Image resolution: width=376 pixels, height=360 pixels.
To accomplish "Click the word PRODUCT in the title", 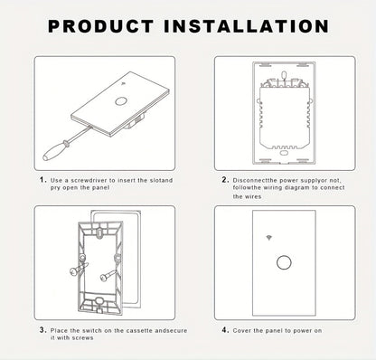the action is (101, 26).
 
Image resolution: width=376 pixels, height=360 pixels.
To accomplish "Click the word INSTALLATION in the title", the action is (246, 26).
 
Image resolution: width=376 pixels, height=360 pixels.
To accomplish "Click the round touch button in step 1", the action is (120, 101).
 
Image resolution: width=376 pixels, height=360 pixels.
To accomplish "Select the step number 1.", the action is (43, 180).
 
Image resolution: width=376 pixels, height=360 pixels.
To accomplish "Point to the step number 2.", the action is (225, 180).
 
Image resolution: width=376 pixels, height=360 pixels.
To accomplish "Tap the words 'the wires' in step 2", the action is (247, 196).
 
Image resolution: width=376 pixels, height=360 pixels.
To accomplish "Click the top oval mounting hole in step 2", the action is (284, 74).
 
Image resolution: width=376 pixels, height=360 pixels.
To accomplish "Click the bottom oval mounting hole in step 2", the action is (284, 153).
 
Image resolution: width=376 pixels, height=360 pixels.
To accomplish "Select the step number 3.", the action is (43, 330).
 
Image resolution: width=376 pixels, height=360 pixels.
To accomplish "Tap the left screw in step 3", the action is (78, 269).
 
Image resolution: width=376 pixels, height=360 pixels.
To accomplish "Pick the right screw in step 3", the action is (108, 276).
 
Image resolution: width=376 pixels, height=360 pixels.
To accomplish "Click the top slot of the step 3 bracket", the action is (99, 232).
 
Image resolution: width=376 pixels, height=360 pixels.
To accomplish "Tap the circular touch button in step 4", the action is (284, 262).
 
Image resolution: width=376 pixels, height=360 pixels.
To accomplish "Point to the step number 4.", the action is (225, 330).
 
